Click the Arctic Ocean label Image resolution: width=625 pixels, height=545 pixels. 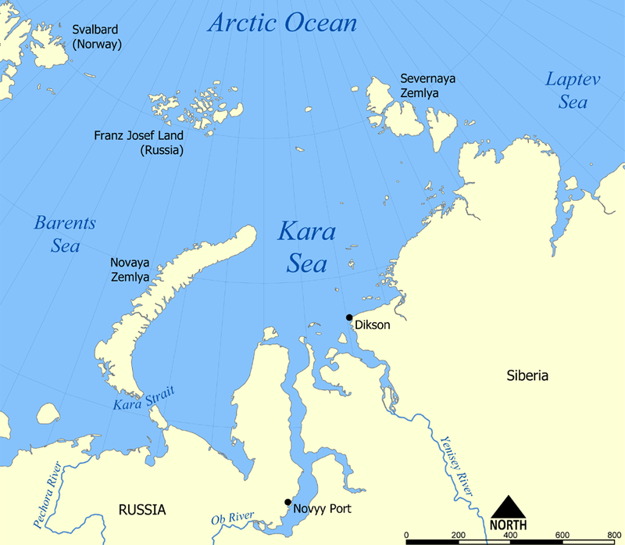pos(282,22)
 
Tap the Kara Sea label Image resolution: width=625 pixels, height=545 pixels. pos(306,248)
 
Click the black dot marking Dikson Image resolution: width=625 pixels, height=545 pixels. pos(349,317)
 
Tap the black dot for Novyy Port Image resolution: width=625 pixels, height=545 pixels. pos(287,502)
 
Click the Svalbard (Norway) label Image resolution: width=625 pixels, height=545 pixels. pos(97,37)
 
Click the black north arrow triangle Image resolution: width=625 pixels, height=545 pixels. pos(508,507)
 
